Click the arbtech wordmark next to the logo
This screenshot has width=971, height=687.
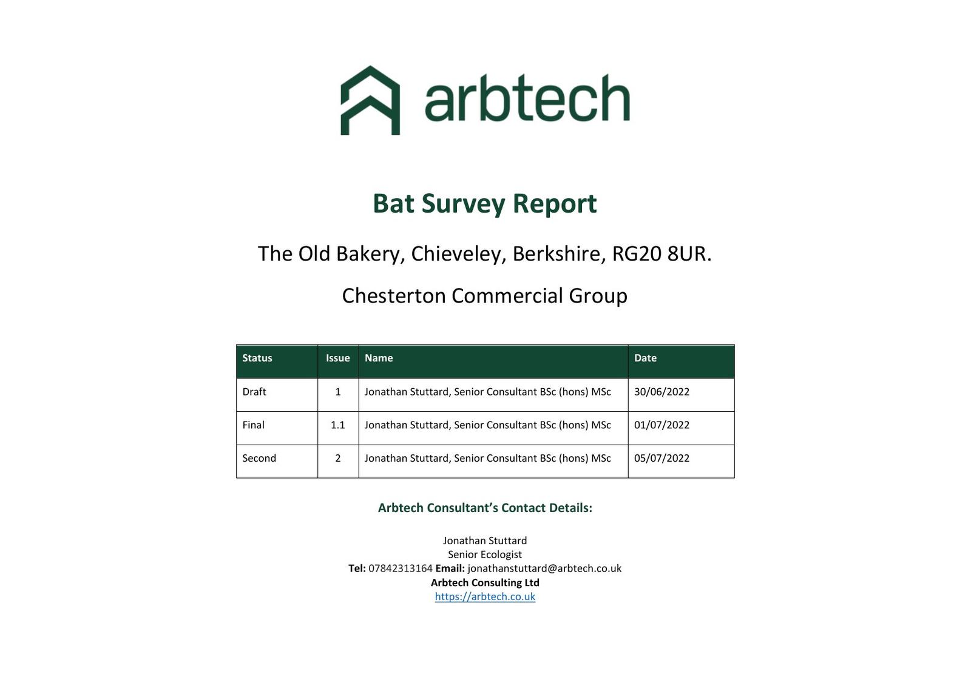pos(527,98)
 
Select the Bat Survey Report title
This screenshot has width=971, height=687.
pos(485,204)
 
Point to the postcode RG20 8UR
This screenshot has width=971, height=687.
pos(661,254)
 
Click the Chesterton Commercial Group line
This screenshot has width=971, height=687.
pos(485,296)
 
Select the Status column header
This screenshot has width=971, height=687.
pos(257,358)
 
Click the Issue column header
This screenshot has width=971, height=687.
pos(337,358)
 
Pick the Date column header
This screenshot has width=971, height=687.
pos(645,358)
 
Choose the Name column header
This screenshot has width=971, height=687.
pos(379,358)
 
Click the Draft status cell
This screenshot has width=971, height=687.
pos(254,392)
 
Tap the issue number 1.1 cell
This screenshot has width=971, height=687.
pos(337,425)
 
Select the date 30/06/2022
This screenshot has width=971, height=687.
pos(661,392)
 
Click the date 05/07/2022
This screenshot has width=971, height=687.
pos(661,458)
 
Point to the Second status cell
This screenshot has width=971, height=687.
pos(259,458)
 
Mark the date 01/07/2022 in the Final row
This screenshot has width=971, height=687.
pos(661,425)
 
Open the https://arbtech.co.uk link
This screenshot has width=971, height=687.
pos(485,596)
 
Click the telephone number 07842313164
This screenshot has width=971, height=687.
pos(400,569)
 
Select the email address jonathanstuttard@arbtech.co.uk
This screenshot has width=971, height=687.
pos(544,569)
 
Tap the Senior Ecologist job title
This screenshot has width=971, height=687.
pos(485,555)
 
